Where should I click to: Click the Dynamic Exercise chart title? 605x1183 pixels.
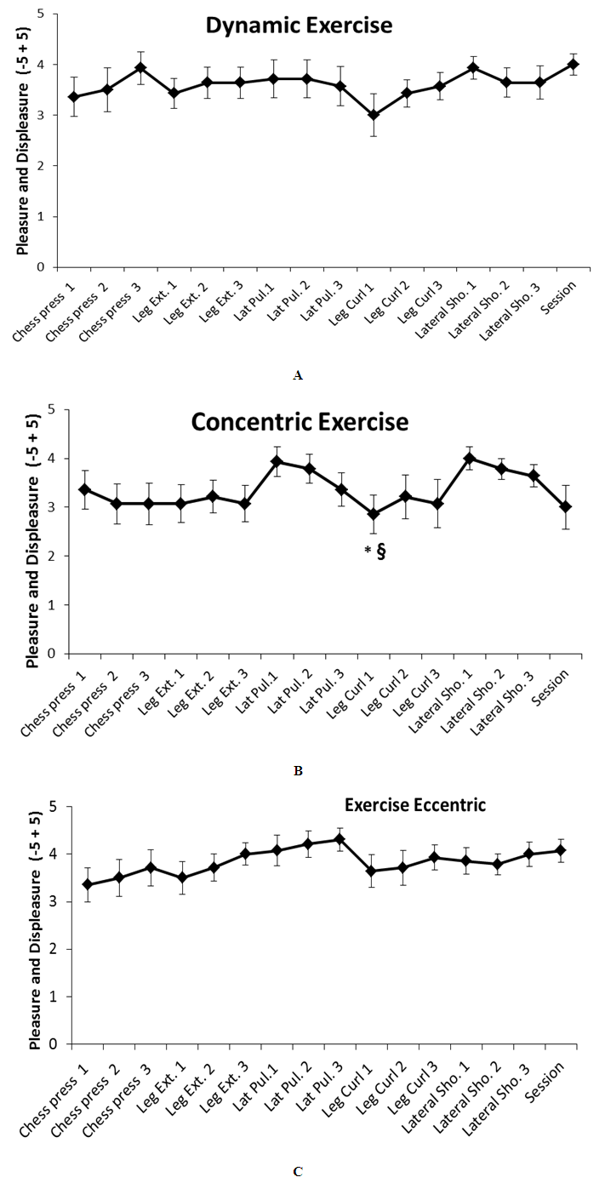coord(299,26)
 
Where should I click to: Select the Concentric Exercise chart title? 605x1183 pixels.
coord(300,422)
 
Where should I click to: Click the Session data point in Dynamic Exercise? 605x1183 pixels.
coord(574,64)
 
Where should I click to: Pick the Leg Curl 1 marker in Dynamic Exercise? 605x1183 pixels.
coord(373,115)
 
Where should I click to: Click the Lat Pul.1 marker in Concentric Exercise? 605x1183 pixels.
coord(276,461)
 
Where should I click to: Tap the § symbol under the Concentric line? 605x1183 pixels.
coord(380,551)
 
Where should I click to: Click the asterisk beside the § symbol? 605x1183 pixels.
coord(368,551)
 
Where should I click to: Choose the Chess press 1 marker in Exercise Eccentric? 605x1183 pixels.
coord(88,884)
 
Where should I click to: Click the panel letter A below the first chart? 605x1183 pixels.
coord(297,374)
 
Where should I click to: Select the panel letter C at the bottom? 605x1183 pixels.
coord(297,1172)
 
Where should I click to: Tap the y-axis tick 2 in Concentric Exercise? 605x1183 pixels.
coord(53,557)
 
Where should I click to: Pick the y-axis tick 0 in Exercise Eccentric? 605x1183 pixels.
coord(53,1044)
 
